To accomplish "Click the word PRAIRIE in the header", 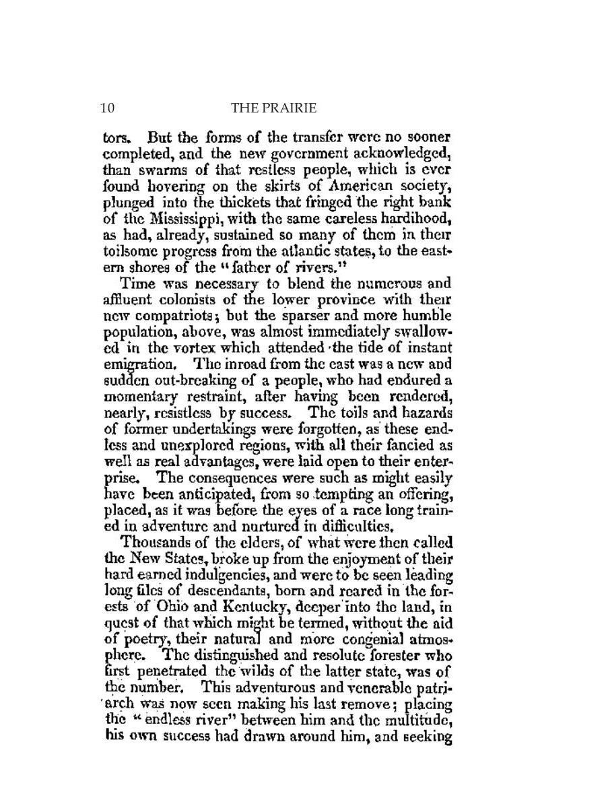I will click(x=291, y=107).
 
